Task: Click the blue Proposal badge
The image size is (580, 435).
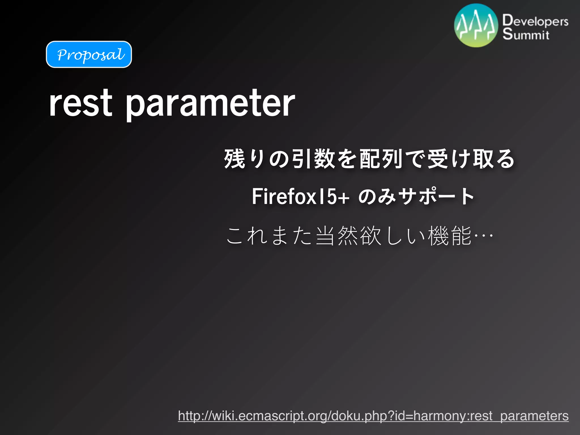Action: [89, 54]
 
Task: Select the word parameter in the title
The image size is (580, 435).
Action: [210, 104]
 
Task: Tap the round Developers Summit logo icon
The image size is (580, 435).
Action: [476, 25]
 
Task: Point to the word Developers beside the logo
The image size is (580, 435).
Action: [535, 21]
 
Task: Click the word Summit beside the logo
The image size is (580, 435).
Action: [526, 34]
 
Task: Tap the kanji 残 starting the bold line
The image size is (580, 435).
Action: [234, 159]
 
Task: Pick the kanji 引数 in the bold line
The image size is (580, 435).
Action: [314, 159]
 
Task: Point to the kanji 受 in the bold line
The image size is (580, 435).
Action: [438, 159]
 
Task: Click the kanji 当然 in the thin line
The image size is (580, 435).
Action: [337, 235]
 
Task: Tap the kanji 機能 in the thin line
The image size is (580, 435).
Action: [450, 235]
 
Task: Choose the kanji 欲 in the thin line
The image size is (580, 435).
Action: [370, 235]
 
